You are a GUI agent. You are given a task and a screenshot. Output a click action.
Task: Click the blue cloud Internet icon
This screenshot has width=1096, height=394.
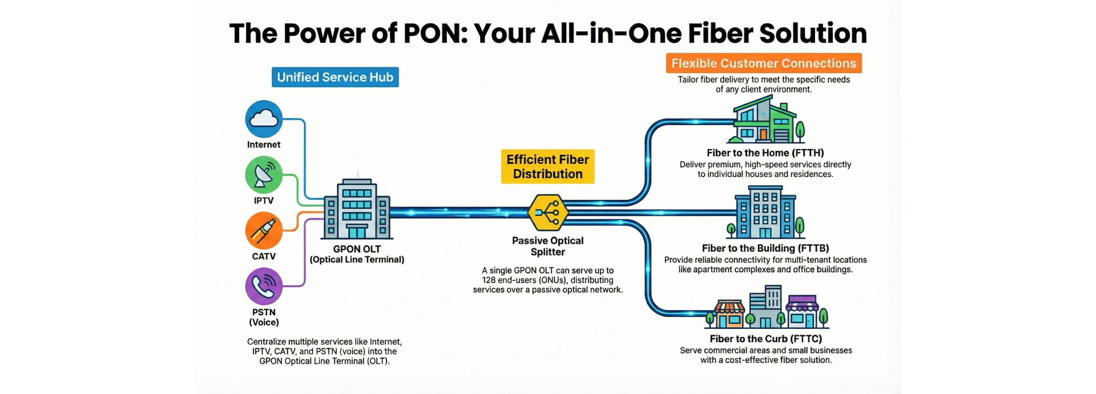point(264,119)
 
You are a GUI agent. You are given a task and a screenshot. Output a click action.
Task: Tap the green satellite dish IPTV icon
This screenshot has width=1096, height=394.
point(264,175)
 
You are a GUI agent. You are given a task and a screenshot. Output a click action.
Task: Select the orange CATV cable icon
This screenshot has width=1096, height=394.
point(264,231)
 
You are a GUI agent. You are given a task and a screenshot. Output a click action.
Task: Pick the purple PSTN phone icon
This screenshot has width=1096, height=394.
point(264,287)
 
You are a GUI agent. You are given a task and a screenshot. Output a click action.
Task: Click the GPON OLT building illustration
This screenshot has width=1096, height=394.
point(357,210)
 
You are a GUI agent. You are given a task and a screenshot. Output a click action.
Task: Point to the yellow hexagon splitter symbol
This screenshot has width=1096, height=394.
point(548,212)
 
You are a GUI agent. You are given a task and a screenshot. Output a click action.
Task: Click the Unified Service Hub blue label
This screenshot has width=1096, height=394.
point(335,77)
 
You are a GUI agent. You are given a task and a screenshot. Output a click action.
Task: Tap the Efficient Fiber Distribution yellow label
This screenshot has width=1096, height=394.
point(547,167)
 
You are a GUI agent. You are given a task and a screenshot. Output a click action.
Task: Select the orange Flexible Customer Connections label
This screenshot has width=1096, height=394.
point(764,63)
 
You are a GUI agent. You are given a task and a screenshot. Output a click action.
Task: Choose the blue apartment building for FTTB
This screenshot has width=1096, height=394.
point(765,215)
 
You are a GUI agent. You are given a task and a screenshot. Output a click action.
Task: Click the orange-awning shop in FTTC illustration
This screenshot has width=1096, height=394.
point(730,315)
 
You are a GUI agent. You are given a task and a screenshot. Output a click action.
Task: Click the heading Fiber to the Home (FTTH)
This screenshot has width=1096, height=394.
point(765,153)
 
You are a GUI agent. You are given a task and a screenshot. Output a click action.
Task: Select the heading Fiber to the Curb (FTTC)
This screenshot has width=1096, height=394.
point(765,339)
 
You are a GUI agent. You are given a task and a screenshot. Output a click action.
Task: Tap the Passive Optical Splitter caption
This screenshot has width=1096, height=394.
point(547,246)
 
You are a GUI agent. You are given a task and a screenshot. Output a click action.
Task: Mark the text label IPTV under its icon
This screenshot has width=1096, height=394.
point(264,201)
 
